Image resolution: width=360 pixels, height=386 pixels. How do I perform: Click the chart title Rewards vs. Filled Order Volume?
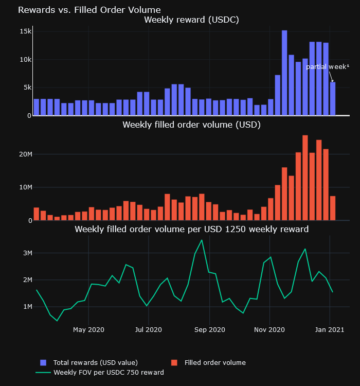click(x=89, y=10)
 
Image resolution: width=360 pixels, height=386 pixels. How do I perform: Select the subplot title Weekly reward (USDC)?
click(x=191, y=20)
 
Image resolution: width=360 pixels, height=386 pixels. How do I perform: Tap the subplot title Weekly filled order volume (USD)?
click(x=191, y=125)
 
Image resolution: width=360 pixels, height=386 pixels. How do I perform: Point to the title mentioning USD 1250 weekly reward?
click(x=191, y=229)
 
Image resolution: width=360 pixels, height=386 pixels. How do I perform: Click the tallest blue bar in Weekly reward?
click(x=284, y=72)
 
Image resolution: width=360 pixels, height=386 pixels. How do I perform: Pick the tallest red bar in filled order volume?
click(x=305, y=178)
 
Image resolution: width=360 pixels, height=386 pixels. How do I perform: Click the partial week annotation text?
click(x=327, y=67)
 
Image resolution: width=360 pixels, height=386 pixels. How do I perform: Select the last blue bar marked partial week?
click(x=333, y=99)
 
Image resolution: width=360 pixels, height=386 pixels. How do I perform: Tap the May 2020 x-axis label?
click(x=88, y=329)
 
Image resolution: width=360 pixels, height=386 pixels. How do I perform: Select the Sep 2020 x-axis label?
click(x=210, y=329)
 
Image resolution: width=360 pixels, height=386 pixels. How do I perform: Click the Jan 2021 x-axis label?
click(x=329, y=329)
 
